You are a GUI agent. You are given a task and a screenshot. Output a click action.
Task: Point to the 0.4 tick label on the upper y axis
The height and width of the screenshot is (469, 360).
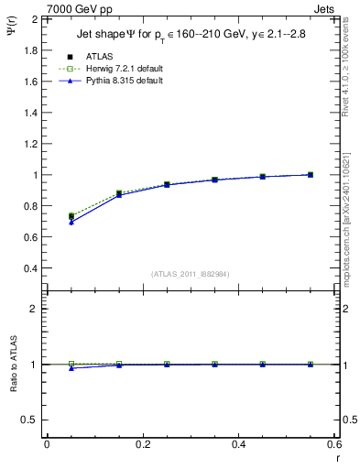(x=30, y=268)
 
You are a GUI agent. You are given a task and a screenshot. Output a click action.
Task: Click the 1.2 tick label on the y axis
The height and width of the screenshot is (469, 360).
(x=30, y=144)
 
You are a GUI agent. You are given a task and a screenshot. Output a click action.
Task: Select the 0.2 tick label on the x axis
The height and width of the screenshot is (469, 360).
(x=142, y=444)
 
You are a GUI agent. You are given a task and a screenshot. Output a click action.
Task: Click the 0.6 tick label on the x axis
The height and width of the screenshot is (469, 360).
(x=333, y=444)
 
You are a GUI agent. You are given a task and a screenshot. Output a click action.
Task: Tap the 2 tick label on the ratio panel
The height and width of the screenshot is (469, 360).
(x=34, y=309)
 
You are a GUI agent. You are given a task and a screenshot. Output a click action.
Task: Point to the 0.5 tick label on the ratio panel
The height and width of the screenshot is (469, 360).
(x=30, y=420)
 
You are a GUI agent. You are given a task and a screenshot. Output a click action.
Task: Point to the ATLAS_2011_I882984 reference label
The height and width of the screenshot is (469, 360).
(x=191, y=274)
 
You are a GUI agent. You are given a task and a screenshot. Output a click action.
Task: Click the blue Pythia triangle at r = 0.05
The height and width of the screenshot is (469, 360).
(x=71, y=222)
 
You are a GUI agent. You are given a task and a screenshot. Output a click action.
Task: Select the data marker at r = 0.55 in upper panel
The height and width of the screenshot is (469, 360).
(x=311, y=174)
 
